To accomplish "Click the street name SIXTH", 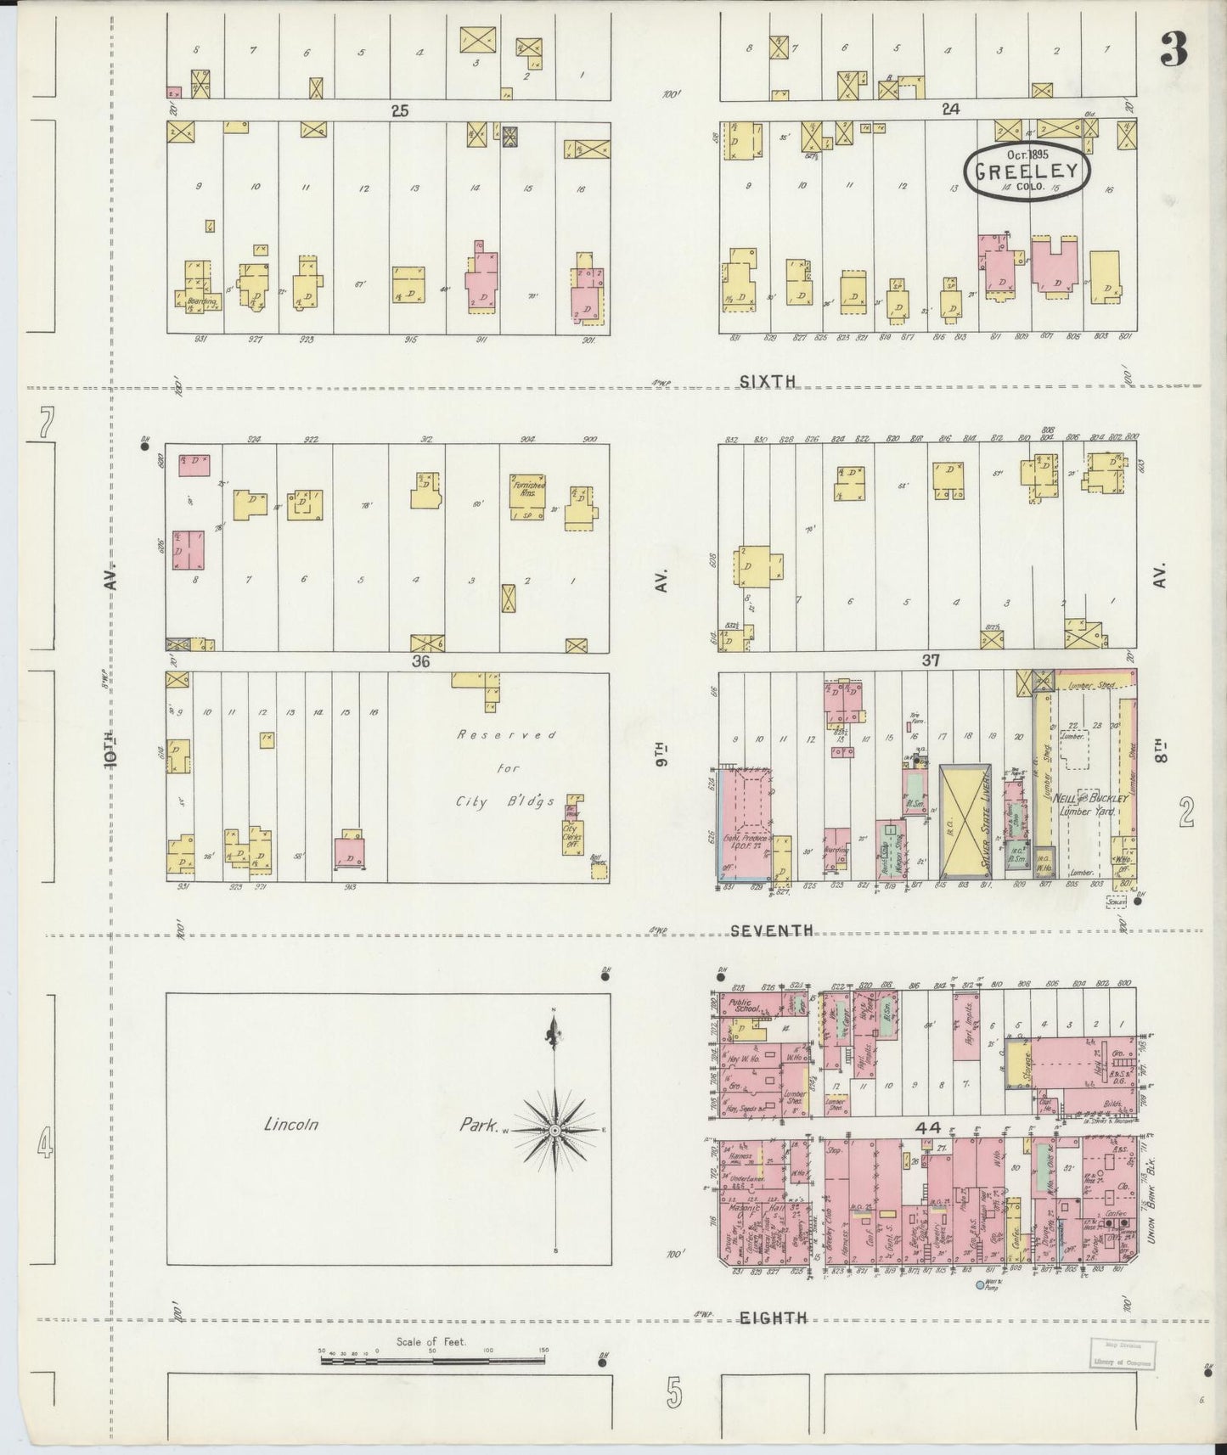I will [767, 382].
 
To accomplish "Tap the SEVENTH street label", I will [772, 930].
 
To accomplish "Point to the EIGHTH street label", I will [772, 1317].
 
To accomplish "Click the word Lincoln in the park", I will [290, 1125].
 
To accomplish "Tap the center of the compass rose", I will [554, 1131].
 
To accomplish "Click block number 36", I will [421, 662].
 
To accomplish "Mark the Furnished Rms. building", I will [528, 497].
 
